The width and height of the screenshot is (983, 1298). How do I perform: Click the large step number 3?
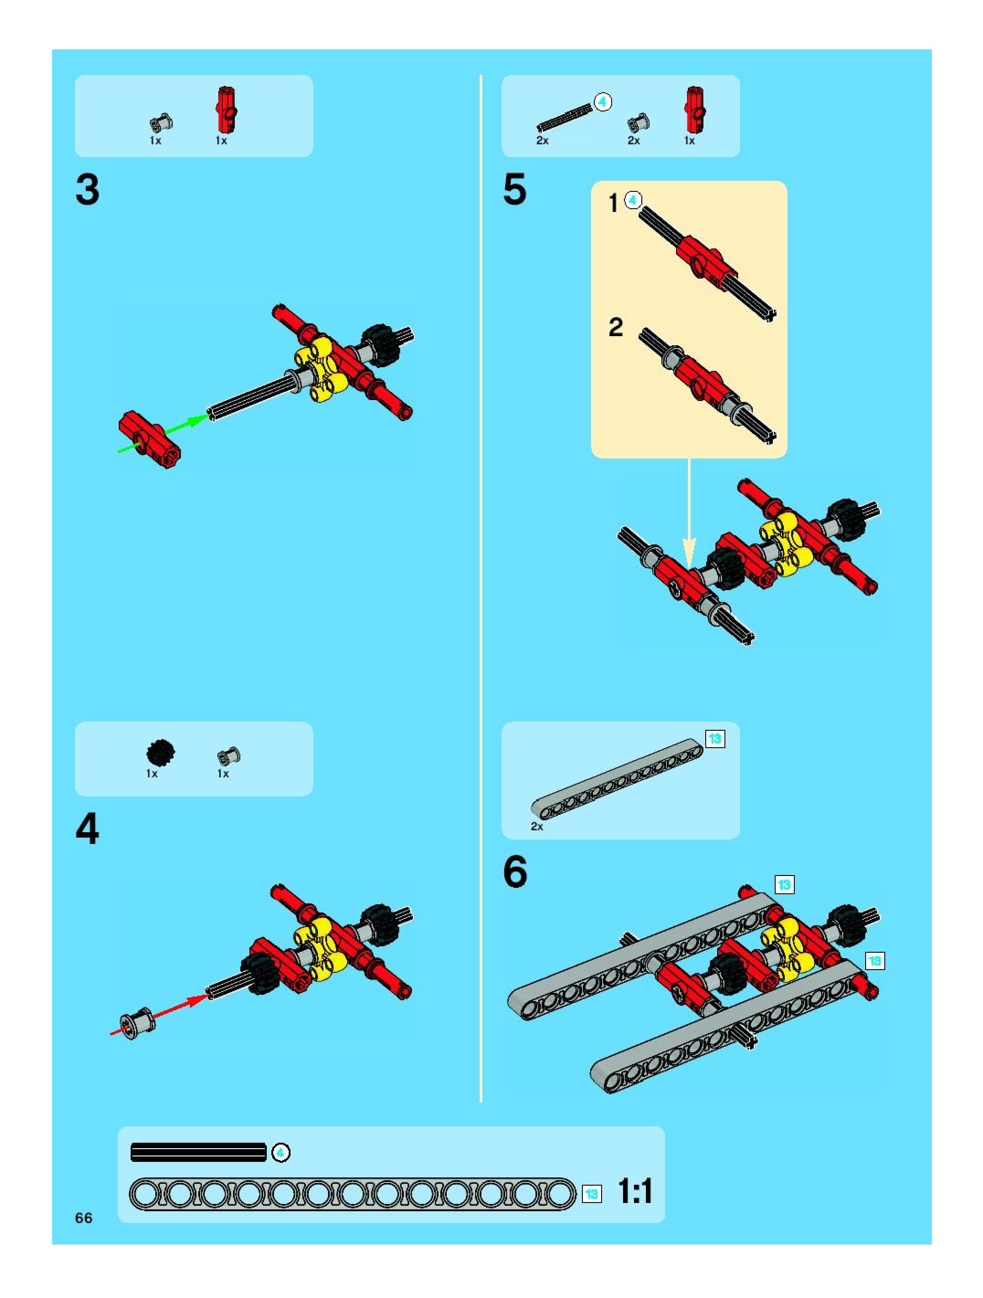[x=87, y=190]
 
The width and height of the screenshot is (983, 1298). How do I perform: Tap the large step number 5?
[x=515, y=190]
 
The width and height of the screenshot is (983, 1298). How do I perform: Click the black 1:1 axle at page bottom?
[x=198, y=1152]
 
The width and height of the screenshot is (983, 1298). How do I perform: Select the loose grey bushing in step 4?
[x=137, y=1022]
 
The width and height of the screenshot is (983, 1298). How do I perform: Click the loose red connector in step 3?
[x=150, y=439]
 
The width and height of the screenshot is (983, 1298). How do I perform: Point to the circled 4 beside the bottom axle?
[x=281, y=1153]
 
